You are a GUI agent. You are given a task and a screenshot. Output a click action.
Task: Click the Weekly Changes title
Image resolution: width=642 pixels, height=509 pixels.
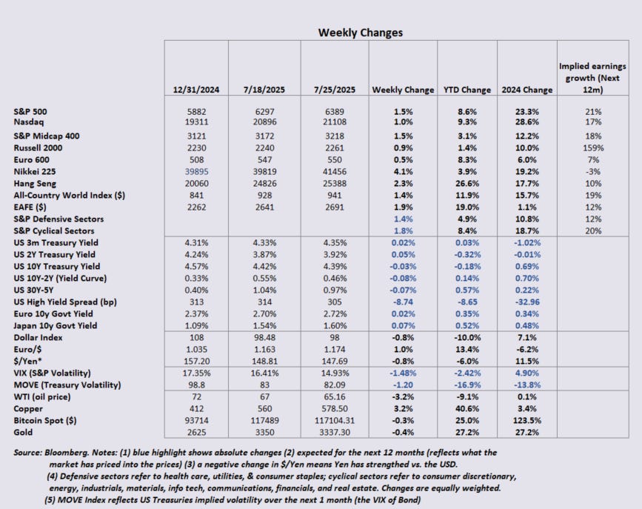click(361, 33)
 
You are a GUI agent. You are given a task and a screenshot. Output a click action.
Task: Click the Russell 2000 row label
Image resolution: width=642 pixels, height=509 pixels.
click(38, 147)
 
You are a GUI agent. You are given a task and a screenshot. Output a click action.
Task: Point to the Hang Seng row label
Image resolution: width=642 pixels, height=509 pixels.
click(35, 183)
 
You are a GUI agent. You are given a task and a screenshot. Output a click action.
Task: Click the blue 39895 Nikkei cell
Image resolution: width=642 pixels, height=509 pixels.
click(195, 171)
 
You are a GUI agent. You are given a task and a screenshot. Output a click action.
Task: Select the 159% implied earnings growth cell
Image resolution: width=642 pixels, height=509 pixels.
click(591, 147)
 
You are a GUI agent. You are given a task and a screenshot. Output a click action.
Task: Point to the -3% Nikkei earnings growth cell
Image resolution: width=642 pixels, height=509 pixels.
click(591, 171)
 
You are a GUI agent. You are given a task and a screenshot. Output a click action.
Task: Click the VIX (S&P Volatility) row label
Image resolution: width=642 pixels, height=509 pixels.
click(53, 373)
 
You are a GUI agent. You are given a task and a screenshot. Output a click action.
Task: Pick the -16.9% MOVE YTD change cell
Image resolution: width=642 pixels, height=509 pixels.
click(467, 385)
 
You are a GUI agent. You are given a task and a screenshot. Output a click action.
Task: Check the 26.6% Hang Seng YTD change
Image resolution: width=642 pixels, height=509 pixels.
click(467, 183)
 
